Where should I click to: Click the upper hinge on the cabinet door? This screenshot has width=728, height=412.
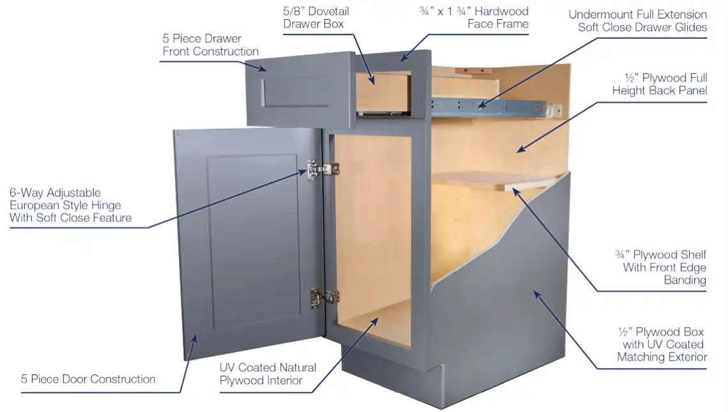[x=323, y=170]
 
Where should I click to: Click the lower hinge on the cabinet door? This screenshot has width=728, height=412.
[x=325, y=298]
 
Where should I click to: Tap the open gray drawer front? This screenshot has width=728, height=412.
[x=300, y=90]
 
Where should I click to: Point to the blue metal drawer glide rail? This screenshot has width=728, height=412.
[x=493, y=107]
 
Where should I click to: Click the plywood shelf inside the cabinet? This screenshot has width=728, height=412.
[x=497, y=180]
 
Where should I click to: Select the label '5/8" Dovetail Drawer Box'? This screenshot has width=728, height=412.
[x=315, y=18]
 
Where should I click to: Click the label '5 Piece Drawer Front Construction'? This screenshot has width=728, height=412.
[x=210, y=45]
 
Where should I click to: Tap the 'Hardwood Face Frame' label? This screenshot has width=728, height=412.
[x=474, y=18]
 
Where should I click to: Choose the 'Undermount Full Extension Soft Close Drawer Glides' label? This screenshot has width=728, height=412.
[x=637, y=21]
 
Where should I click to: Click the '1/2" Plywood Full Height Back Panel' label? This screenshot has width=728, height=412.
[x=659, y=84]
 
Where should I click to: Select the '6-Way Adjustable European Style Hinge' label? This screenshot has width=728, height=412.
[x=71, y=205]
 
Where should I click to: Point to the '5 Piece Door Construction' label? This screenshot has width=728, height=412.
[x=88, y=379]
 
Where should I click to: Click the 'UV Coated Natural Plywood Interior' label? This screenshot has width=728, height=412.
[x=268, y=374]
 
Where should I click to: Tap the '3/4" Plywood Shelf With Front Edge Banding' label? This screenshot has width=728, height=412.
[x=660, y=267]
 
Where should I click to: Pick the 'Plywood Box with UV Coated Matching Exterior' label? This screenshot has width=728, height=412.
[x=662, y=344]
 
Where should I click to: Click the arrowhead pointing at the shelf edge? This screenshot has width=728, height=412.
[x=516, y=193]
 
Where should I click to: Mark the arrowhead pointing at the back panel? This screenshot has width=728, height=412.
[x=522, y=149]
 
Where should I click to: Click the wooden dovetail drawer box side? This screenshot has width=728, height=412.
[x=383, y=92]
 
